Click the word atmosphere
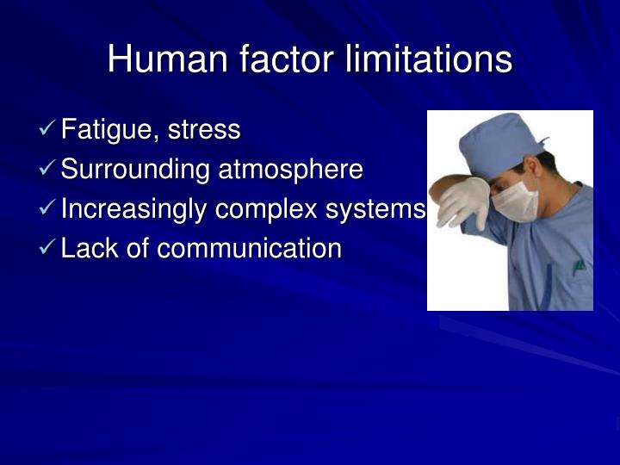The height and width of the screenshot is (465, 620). (290, 170)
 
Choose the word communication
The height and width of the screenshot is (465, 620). (249, 249)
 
